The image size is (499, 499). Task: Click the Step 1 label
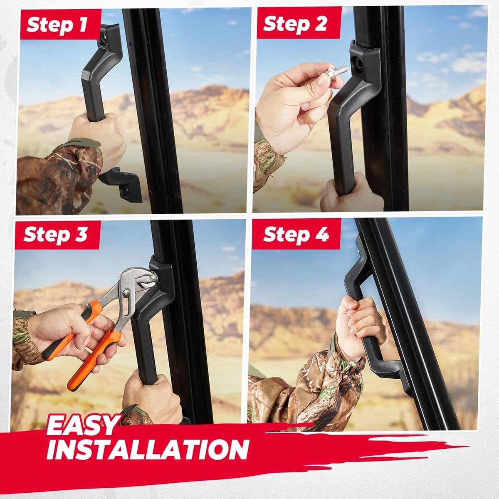click(57, 25)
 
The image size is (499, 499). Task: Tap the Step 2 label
click(295, 24)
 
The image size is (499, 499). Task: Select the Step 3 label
click(55, 235)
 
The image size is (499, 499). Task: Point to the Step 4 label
click(296, 235)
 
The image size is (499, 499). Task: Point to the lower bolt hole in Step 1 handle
click(127, 191)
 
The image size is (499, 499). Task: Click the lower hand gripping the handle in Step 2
click(351, 193)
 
